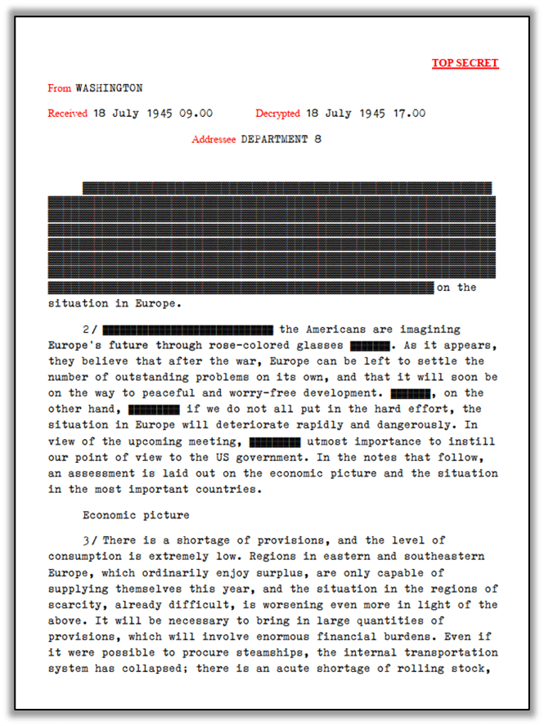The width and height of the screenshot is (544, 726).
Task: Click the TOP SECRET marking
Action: click(x=465, y=63)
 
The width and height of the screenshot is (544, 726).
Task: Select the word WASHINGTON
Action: click(x=109, y=87)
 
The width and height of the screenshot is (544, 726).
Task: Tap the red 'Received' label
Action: click(x=68, y=114)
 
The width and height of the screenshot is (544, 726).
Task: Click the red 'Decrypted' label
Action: click(x=278, y=114)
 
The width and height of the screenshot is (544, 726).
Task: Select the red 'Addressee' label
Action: click(x=214, y=139)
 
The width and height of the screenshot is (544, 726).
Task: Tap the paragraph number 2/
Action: click(x=90, y=329)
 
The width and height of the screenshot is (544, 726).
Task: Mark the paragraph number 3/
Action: click(x=90, y=540)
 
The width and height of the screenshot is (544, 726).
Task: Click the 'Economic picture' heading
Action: click(x=136, y=515)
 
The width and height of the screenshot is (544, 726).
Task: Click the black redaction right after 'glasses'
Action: click(x=369, y=345)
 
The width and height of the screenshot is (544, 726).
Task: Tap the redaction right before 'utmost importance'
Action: click(x=274, y=441)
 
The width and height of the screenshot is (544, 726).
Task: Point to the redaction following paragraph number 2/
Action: click(x=188, y=329)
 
